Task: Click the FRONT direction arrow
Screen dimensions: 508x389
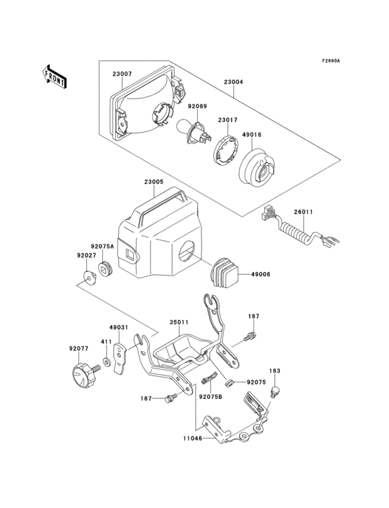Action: click(x=54, y=75)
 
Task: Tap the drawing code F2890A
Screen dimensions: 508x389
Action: click(x=331, y=61)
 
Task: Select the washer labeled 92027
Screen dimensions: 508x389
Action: click(x=88, y=278)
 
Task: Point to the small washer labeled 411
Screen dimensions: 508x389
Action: click(x=105, y=362)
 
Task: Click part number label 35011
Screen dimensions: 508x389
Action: click(x=179, y=323)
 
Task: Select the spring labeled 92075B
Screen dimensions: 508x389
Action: click(x=207, y=380)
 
